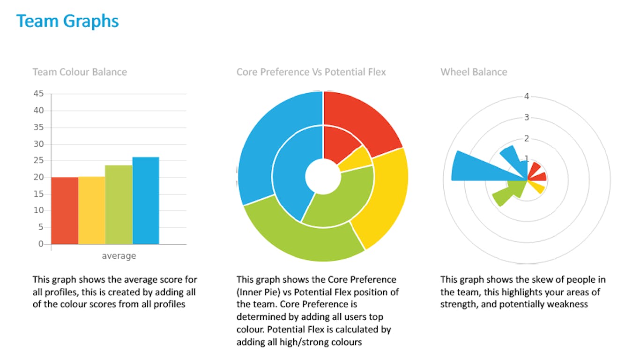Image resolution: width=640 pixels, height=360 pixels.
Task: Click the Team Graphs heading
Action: coord(67,22)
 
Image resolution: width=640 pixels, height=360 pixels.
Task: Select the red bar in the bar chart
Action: coord(65,211)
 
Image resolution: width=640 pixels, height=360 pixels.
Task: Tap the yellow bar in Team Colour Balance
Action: coord(92,210)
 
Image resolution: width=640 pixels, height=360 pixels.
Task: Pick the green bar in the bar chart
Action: coord(119,205)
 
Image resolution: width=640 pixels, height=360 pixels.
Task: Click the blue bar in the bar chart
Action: coord(146,201)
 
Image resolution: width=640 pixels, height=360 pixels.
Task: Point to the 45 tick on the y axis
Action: coord(38,94)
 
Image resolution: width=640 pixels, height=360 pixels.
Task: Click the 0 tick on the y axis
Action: coord(41,244)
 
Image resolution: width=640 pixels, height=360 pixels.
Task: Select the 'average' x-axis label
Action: coord(119,255)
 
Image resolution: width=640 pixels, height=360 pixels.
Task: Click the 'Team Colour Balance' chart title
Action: coord(80,72)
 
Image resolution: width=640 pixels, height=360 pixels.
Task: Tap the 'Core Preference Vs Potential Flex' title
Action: coord(311,72)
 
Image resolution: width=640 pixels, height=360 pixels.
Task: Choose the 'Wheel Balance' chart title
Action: coord(474,72)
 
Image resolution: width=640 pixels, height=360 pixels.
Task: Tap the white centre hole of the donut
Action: coord(323,176)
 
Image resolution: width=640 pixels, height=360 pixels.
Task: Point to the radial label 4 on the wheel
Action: coord(527,97)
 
